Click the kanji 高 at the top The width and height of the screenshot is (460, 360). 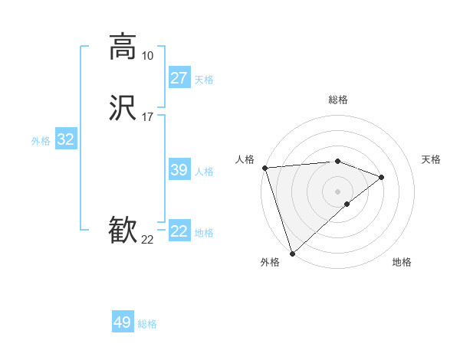click(123, 46)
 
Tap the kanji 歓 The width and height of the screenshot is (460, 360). click(123, 231)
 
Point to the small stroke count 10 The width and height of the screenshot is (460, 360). click(147, 56)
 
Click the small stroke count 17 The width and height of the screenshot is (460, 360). click(147, 117)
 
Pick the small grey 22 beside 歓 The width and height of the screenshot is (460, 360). click(147, 240)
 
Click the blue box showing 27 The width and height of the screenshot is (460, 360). click(179, 78)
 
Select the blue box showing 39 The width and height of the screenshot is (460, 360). click(179, 170)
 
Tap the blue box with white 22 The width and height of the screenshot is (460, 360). click(179, 231)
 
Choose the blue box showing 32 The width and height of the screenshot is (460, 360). click(66, 139)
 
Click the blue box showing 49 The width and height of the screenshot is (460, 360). click(123, 322)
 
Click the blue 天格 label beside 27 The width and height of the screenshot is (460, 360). click(204, 80)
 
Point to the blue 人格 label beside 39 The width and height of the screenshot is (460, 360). click(204, 172)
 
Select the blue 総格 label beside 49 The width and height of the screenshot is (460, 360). click(147, 324)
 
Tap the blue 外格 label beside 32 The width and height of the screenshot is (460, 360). click(41, 141)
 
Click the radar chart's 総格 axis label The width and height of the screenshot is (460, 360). click(337, 100)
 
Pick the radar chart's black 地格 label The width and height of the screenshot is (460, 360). click(402, 263)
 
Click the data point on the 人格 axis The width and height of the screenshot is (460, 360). click(264, 168)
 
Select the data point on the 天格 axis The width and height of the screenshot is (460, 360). click(382, 177)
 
